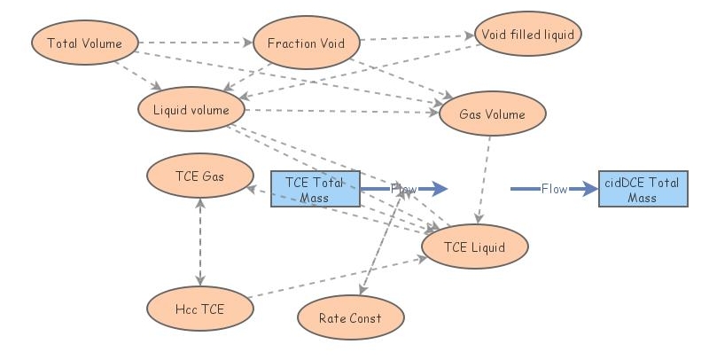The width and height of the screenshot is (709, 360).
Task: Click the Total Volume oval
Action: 85,43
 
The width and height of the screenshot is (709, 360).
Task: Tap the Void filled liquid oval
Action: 528,35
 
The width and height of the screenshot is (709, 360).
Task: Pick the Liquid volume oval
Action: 191,110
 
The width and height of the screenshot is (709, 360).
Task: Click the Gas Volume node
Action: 492,114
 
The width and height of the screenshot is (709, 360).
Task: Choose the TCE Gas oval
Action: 200,176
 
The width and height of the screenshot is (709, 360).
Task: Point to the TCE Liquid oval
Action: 475,247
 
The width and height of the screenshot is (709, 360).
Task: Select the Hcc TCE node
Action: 200,309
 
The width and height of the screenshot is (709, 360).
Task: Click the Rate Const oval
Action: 351,317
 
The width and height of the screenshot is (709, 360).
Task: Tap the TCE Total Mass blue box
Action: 315,190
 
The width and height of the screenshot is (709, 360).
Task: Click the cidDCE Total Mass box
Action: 643,190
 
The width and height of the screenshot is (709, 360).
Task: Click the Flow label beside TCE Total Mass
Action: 403,189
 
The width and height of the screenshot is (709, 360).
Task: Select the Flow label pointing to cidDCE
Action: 555,189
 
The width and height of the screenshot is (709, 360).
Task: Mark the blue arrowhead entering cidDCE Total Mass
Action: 588,189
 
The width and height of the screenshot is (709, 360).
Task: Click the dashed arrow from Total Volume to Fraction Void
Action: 195,42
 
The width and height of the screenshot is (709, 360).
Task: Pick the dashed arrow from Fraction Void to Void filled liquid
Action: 417,38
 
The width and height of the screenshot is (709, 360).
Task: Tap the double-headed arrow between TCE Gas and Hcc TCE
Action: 200,242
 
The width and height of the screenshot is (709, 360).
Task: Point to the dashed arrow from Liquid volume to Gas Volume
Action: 341,111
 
